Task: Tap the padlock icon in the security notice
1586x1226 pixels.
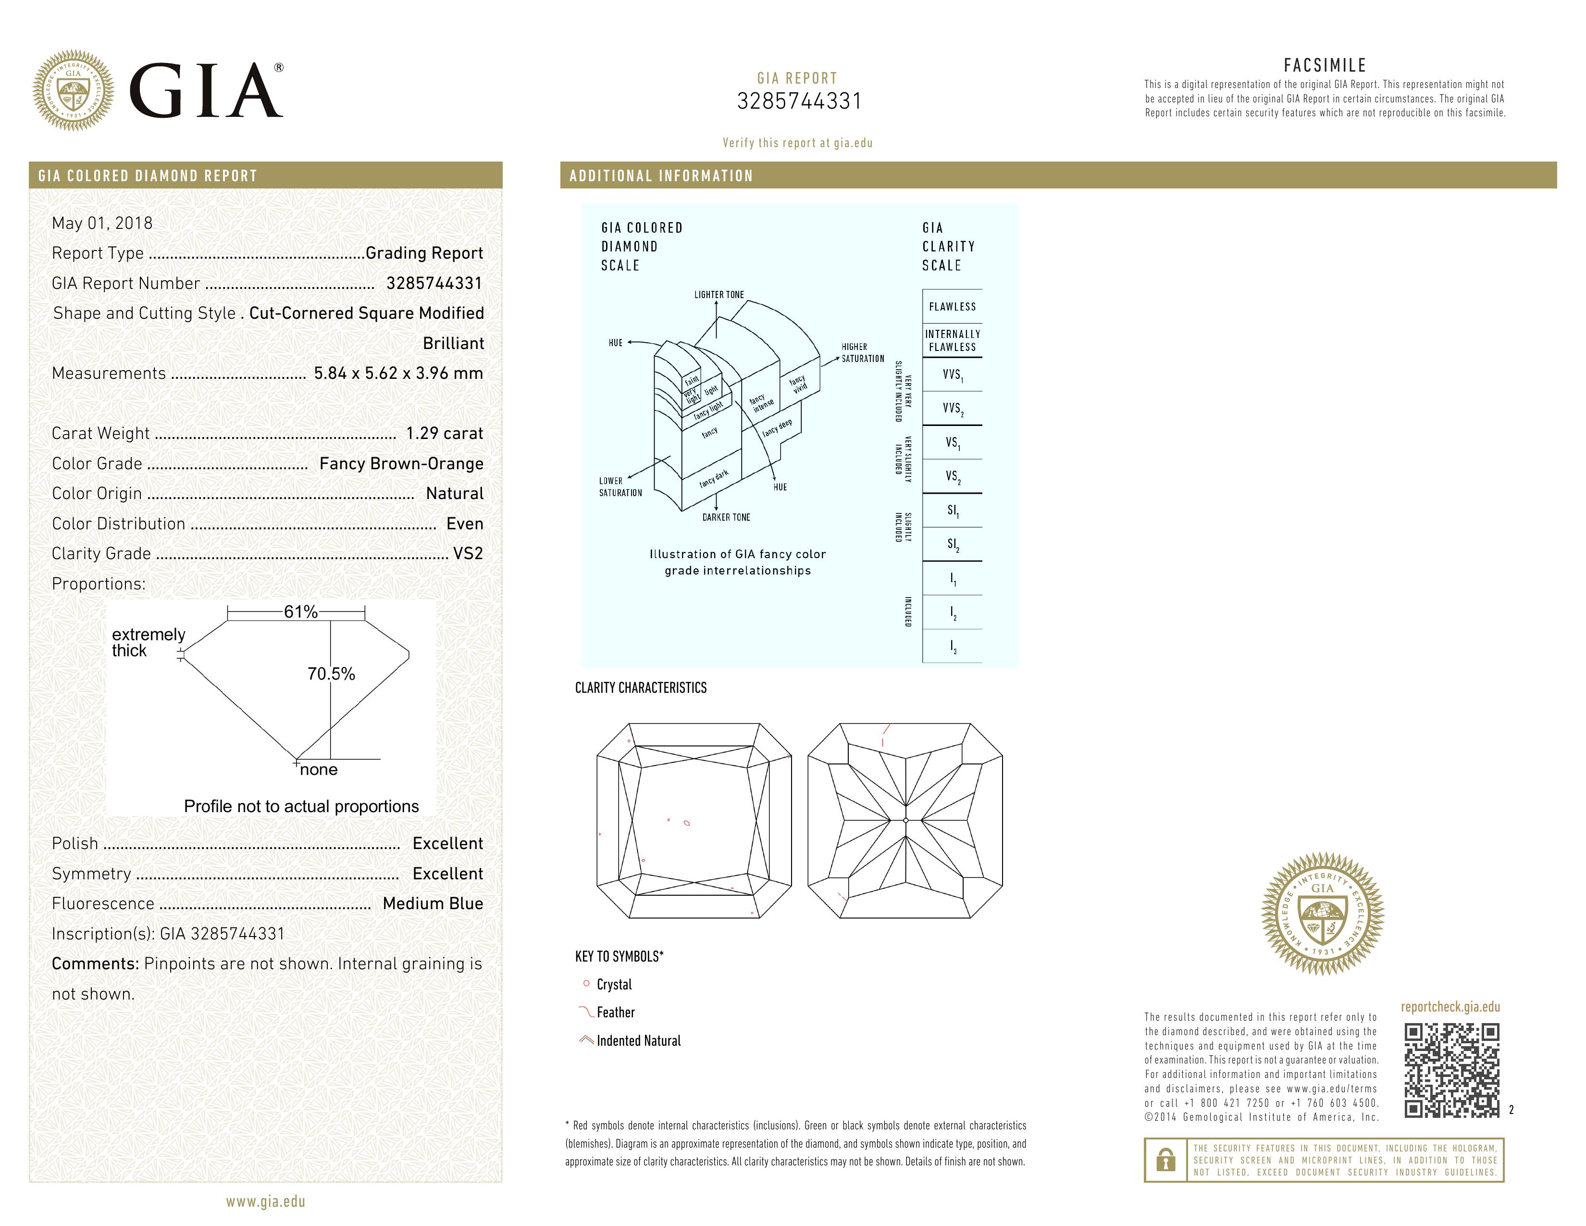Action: [1165, 1160]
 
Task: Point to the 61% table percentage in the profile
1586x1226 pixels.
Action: [301, 612]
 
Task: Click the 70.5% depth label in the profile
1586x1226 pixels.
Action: [331, 674]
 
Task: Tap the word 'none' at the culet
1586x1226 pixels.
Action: [319, 770]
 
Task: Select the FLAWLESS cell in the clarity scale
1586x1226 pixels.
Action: [952, 307]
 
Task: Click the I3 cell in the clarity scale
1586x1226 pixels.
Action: [953, 646]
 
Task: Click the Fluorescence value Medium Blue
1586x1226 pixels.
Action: [433, 903]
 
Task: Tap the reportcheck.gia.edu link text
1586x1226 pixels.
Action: [1450, 1007]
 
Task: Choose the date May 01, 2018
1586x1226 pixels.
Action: [102, 223]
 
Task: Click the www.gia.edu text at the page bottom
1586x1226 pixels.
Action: [265, 1201]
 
